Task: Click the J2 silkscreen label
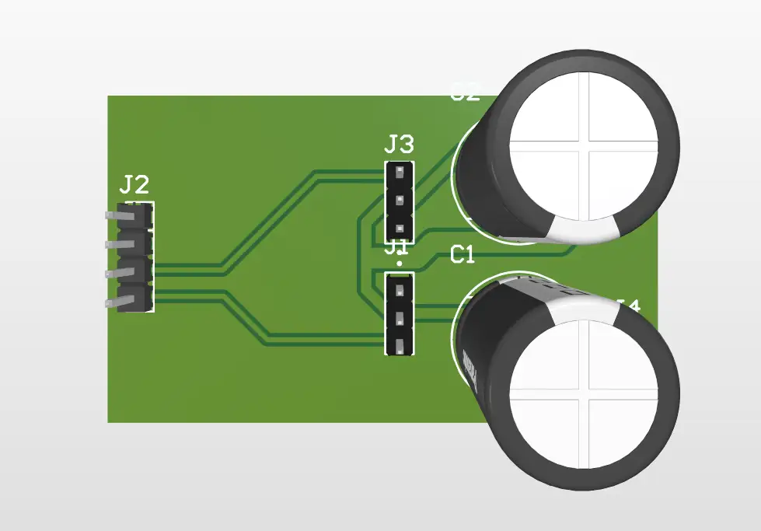(x=134, y=185)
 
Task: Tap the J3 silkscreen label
(x=399, y=144)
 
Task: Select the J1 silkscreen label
(x=398, y=248)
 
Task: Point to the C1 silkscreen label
(x=463, y=255)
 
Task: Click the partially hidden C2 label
(x=465, y=93)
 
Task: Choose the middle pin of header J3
(x=400, y=200)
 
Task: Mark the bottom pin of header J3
(x=400, y=229)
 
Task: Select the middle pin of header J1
(x=400, y=319)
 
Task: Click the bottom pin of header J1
(x=400, y=346)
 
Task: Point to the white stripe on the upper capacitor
(x=583, y=228)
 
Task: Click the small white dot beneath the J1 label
(x=399, y=264)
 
